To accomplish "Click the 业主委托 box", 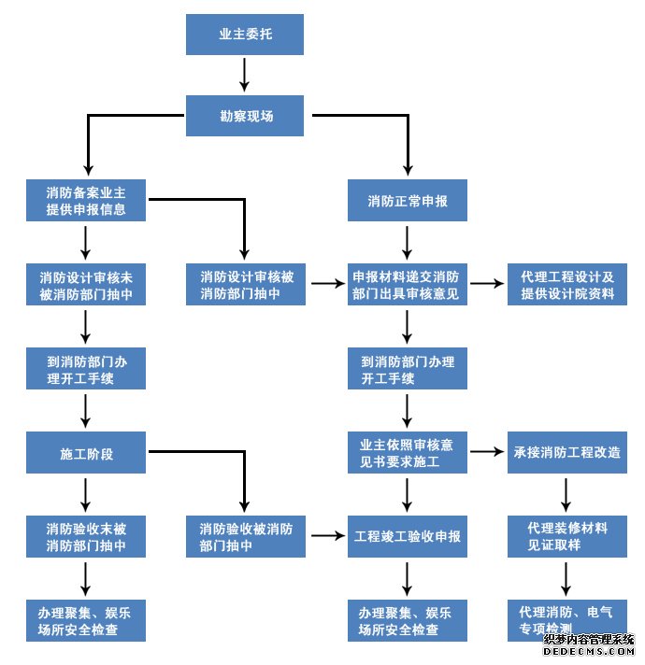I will (x=245, y=34).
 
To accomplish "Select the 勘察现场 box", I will (x=245, y=116).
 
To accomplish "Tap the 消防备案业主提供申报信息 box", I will (x=86, y=200).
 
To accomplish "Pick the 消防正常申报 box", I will (x=407, y=200).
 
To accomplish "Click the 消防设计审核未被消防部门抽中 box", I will (x=86, y=285).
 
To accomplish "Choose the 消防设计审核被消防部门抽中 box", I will (x=246, y=285).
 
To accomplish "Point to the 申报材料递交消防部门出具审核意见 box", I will (x=407, y=285).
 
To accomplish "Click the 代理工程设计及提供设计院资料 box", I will (x=567, y=285).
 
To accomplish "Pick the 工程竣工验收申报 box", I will (x=407, y=536).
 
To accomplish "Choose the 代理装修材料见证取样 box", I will (x=567, y=536).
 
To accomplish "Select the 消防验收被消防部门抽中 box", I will (x=246, y=536).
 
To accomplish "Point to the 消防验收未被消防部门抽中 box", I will (x=86, y=536).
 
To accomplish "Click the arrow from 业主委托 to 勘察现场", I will (x=245, y=74).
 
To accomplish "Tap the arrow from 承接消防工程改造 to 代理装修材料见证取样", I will (x=567, y=494).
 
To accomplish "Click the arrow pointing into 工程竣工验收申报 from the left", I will (x=326, y=536).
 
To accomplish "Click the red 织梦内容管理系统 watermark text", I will (x=589, y=640).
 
